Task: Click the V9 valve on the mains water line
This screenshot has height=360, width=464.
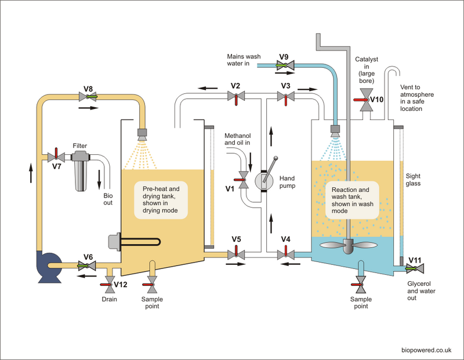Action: click(x=284, y=66)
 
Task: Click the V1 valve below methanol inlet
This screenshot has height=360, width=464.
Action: click(x=244, y=177)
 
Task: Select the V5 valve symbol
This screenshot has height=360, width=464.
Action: click(x=235, y=253)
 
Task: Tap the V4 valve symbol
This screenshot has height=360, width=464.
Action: click(x=285, y=253)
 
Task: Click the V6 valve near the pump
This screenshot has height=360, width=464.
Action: click(x=88, y=266)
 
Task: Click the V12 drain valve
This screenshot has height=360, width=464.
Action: click(x=108, y=282)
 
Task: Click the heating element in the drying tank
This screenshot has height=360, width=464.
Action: click(x=133, y=242)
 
